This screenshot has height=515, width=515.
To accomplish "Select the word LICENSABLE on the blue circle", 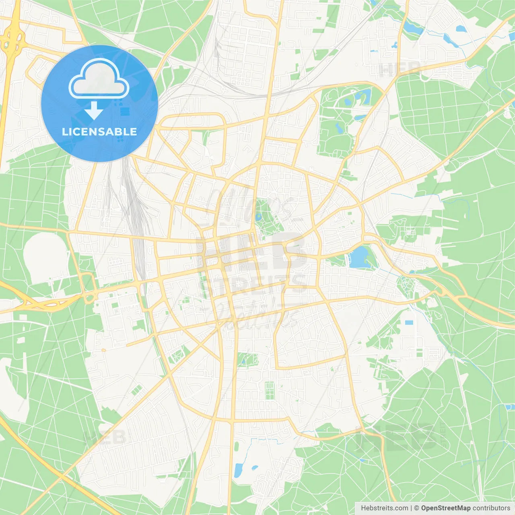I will click(x=99, y=132).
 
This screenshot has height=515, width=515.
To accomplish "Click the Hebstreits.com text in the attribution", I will click(x=385, y=508).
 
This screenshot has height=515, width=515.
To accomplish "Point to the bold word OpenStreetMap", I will click(x=446, y=508).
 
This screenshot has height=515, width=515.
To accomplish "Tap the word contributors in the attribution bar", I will click(x=491, y=508).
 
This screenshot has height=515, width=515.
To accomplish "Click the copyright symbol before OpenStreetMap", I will click(x=417, y=508).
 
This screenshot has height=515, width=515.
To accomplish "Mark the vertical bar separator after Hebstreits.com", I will click(x=411, y=508).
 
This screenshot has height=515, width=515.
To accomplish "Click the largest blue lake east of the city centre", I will click(x=360, y=257).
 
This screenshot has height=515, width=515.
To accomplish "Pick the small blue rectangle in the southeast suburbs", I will click(x=409, y=323).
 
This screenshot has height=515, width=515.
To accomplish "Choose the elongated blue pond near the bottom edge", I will click(x=239, y=470).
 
